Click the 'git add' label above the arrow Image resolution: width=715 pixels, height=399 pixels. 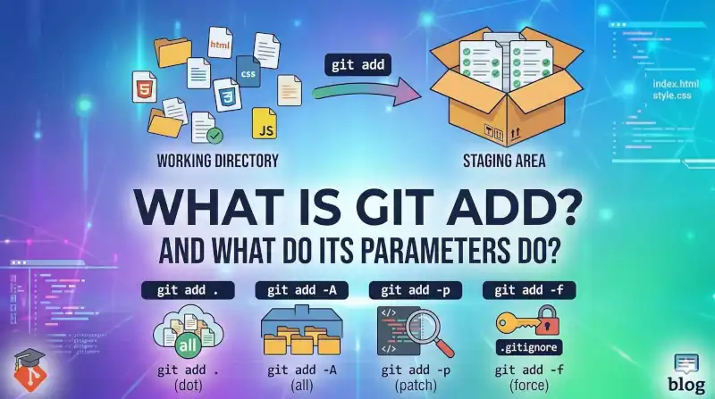pos(356,65)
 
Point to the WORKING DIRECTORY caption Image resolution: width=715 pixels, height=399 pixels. pos(217,161)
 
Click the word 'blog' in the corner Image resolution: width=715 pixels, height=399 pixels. pos(687,385)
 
